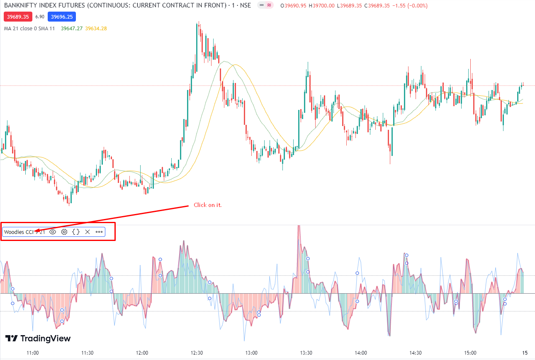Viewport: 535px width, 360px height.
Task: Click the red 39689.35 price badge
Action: (17, 17)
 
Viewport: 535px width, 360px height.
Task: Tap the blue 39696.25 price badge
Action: (61, 17)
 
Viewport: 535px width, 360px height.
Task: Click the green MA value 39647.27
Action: (71, 29)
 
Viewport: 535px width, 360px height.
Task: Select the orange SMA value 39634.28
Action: (96, 29)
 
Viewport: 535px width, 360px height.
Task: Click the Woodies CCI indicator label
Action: (19, 232)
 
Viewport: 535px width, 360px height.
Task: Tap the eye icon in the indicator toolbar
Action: (53, 232)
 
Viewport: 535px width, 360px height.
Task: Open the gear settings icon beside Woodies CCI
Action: (64, 232)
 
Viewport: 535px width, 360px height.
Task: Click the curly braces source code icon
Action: (76, 232)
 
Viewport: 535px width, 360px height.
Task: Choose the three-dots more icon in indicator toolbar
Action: (99, 232)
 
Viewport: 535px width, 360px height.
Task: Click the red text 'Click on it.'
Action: (207, 205)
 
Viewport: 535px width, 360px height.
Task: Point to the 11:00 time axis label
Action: (32, 353)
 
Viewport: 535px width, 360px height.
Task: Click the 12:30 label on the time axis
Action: (197, 353)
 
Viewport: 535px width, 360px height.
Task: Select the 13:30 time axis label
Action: (306, 353)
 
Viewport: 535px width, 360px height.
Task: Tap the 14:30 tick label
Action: (416, 353)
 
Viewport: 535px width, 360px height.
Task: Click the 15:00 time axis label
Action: (470, 353)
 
